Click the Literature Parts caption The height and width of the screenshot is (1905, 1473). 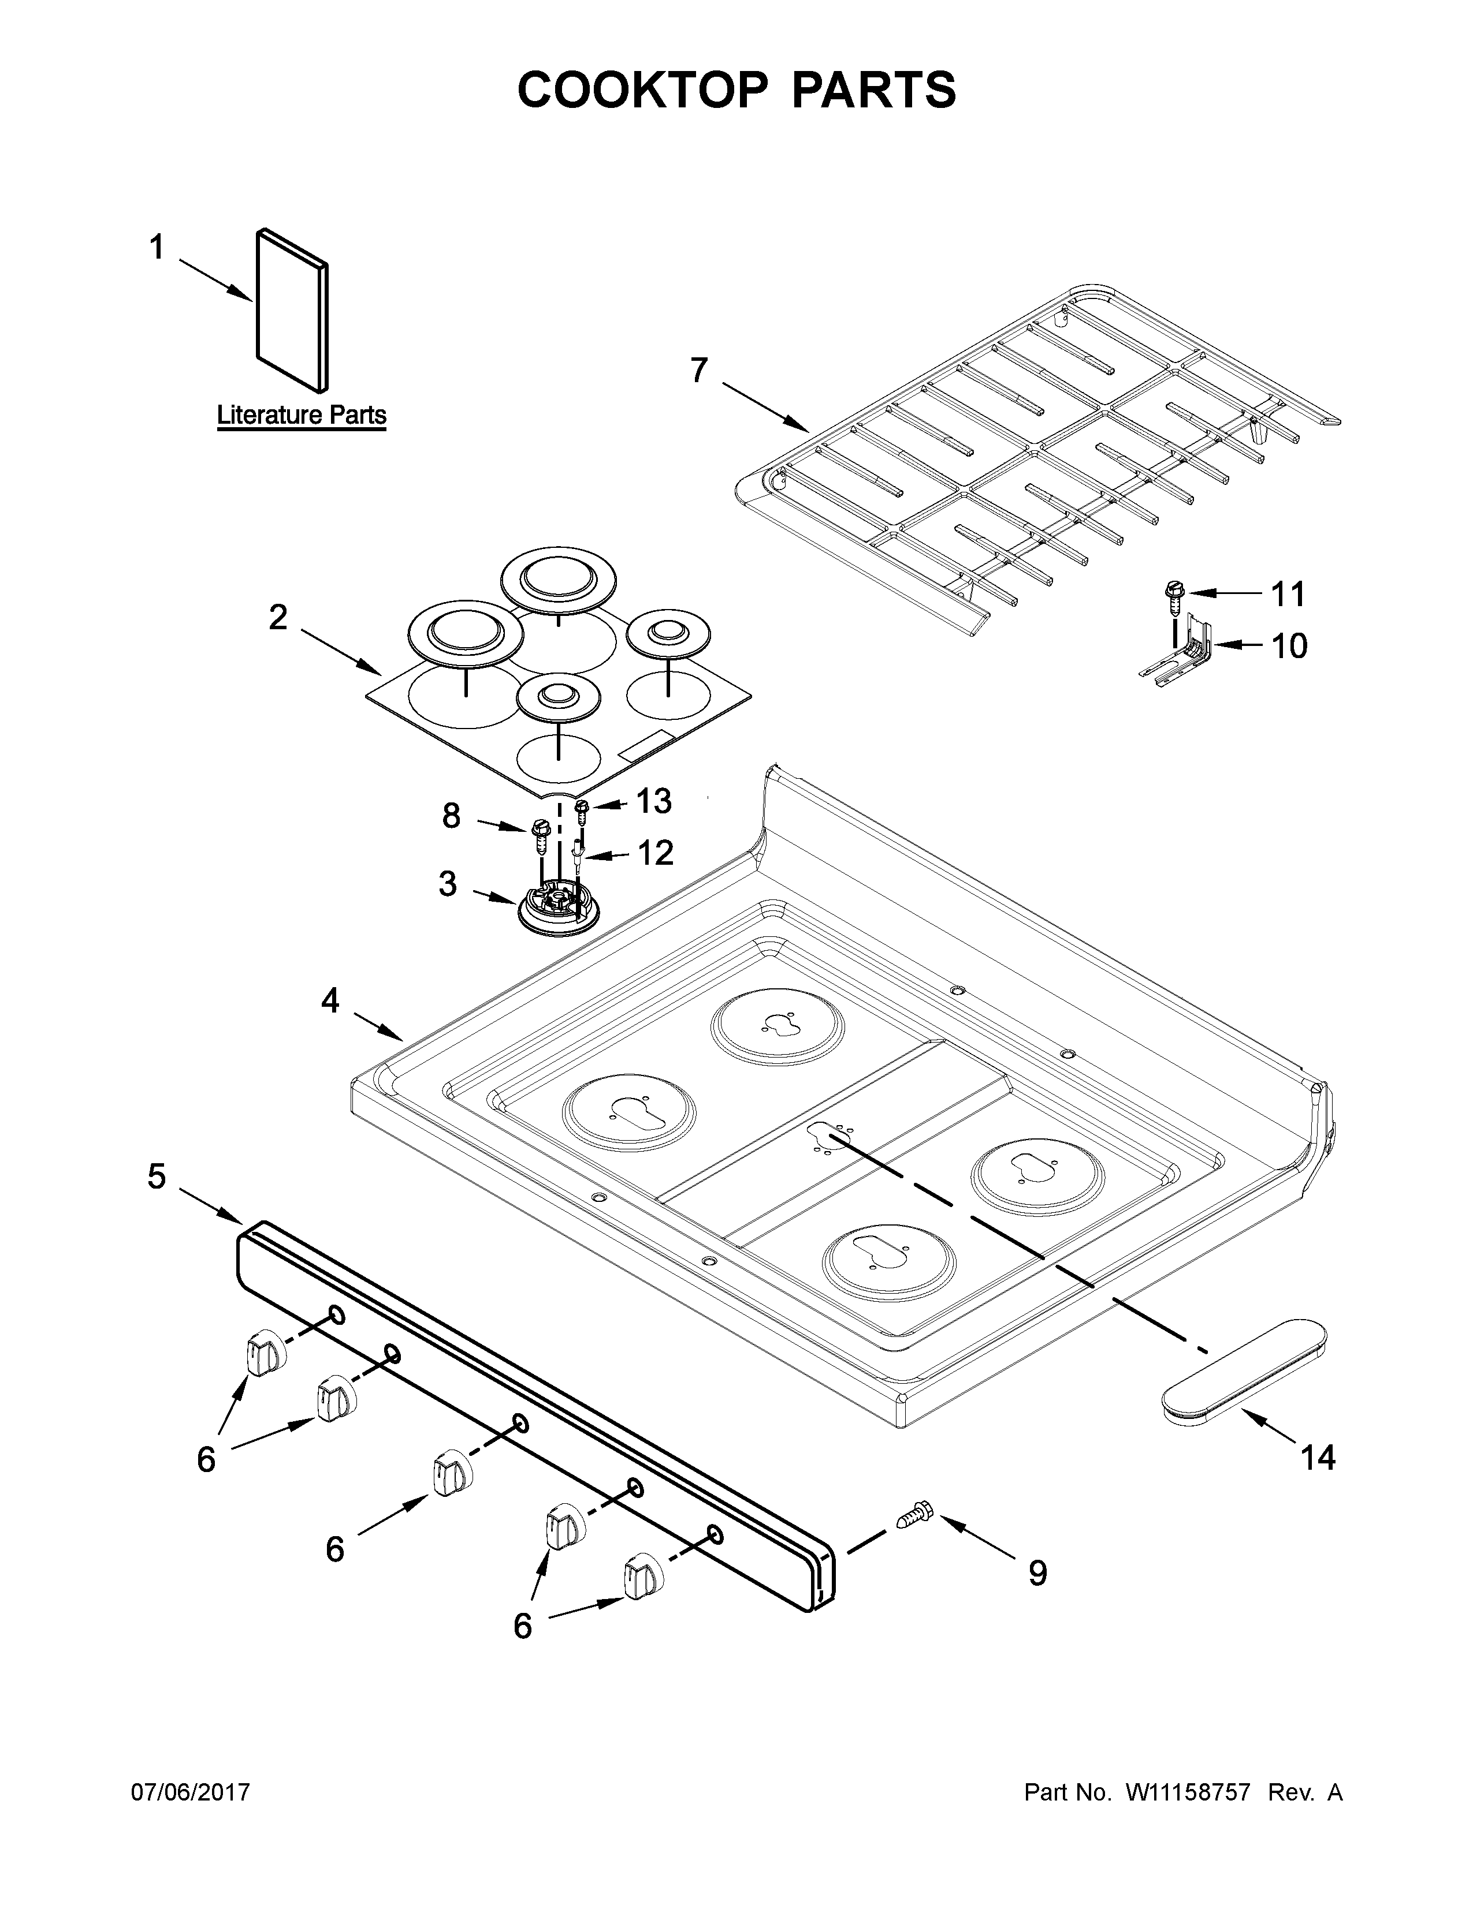tap(301, 415)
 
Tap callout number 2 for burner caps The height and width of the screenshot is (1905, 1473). tap(277, 618)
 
